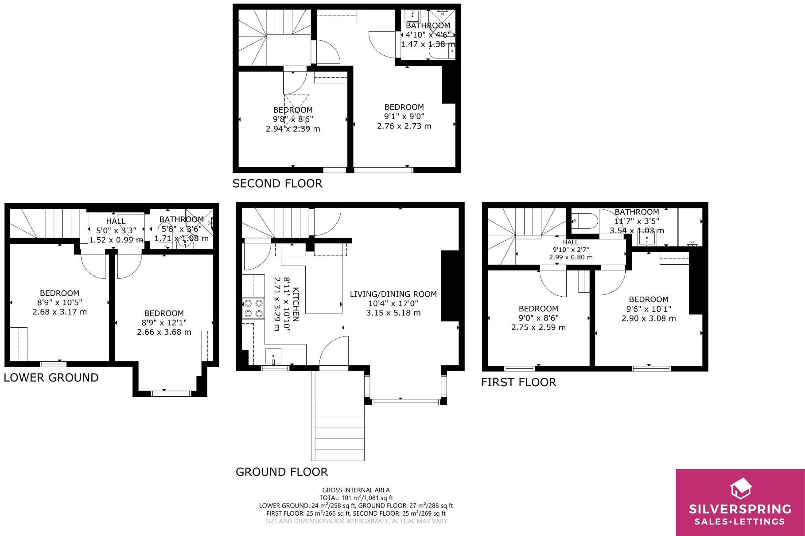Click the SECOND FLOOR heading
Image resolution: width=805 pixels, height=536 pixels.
coord(277,184)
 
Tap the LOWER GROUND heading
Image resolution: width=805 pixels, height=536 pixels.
coord(51,378)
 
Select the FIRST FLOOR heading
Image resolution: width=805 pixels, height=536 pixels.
coord(518,382)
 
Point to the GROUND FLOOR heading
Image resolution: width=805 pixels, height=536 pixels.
coord(282,472)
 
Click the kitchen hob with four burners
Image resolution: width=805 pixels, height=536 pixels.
coord(253,308)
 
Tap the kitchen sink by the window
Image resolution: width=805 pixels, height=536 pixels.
coord(273,356)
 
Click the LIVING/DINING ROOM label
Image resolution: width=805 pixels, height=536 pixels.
coord(393,294)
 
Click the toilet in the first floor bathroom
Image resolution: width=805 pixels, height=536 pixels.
coord(584,221)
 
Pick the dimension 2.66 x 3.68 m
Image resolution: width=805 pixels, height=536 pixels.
coord(164,332)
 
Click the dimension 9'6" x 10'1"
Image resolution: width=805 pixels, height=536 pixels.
coord(648,309)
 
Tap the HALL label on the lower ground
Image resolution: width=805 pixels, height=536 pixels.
coord(116,221)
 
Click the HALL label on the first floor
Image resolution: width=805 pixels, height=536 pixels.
coord(571,242)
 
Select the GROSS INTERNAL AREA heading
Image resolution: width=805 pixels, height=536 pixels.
coord(356,490)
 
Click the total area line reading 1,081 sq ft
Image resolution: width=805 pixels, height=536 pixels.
coord(356,498)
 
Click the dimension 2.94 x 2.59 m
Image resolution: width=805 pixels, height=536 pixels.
coord(293,129)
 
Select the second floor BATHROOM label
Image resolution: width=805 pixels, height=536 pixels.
coord(428,26)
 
